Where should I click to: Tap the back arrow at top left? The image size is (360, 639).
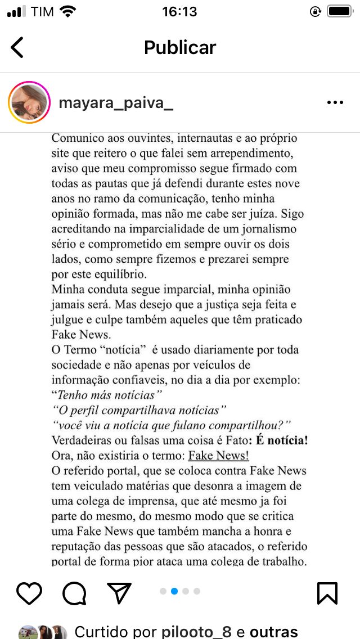tap(17, 47)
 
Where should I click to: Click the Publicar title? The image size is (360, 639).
tap(179, 47)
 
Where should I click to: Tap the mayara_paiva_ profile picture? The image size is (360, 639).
tap(29, 102)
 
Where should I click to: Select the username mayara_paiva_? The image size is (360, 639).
tap(116, 103)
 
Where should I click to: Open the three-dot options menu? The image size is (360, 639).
tap(335, 102)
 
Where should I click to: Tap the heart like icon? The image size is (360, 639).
tap(29, 593)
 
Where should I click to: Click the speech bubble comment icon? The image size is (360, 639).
tap(74, 593)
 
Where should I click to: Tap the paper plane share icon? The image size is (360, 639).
tap(119, 593)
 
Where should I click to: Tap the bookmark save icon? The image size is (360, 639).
tap(327, 593)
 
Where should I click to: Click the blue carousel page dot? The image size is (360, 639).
tap(174, 591)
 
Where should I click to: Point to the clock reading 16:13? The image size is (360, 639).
tap(179, 11)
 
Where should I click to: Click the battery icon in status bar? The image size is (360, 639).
tap(339, 11)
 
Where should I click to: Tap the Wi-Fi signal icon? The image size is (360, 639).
tap(68, 11)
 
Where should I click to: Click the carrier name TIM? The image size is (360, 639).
tap(43, 12)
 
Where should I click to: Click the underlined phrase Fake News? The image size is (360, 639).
tap(218, 456)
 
